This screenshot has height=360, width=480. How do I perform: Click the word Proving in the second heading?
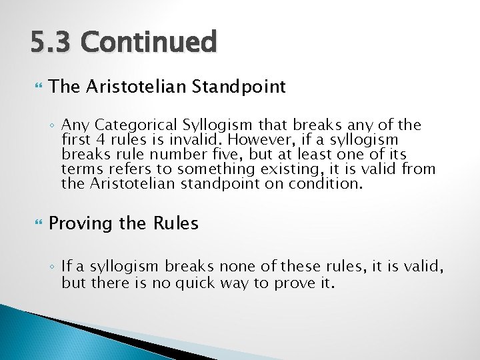coord(81,223)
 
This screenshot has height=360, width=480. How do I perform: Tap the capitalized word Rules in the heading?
coord(176,223)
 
